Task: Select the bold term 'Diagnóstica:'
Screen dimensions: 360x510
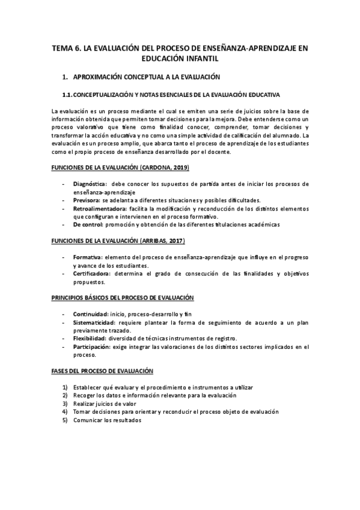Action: click(x=90, y=183)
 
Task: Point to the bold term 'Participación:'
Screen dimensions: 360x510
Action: click(x=92, y=347)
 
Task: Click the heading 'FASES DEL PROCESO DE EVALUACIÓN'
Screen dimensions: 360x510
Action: click(x=102, y=371)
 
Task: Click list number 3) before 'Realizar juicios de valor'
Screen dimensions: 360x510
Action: click(x=65, y=404)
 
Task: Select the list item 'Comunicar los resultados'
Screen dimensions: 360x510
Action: click(x=107, y=420)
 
